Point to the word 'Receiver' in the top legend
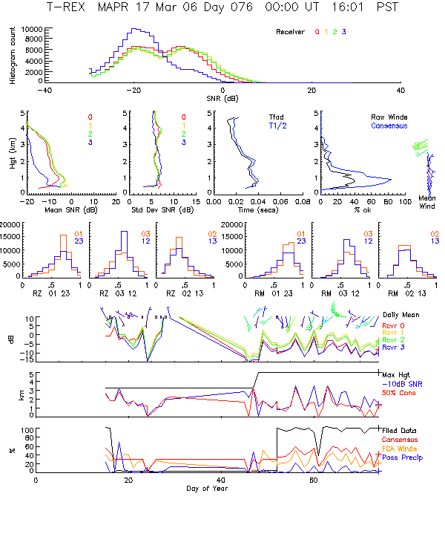tap(290, 32)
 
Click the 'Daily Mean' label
tap(400, 316)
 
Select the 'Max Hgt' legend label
tap(396, 374)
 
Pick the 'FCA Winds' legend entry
tap(399, 448)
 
